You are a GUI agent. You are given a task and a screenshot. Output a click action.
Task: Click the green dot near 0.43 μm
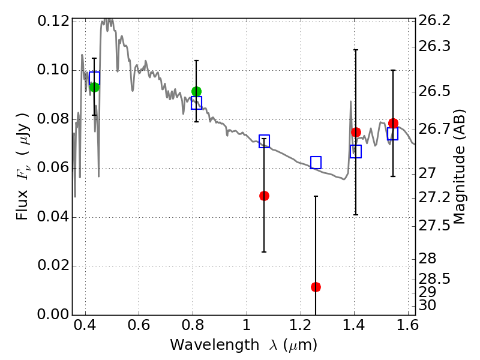tap(94, 87)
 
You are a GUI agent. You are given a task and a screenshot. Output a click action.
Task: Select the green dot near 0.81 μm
tap(197, 91)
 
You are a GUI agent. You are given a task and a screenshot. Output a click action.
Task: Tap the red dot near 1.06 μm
tap(264, 196)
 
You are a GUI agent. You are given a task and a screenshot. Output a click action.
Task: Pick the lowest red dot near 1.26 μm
tap(316, 287)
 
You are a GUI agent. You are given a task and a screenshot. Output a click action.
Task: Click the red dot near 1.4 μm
tap(356, 132)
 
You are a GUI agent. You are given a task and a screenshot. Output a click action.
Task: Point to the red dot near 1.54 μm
tap(394, 124)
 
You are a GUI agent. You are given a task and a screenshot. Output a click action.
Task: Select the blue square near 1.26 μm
tap(316, 163)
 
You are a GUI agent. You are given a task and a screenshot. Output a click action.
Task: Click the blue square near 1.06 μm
tap(264, 141)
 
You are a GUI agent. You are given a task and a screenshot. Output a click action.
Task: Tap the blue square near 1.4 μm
tap(356, 152)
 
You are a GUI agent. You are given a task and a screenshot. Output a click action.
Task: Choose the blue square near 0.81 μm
tap(197, 103)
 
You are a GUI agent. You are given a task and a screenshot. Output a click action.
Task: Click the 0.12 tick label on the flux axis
tap(53, 21)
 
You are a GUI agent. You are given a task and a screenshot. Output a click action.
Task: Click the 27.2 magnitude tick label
tap(434, 198)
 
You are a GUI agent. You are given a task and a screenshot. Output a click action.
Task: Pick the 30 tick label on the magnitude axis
tap(427, 305)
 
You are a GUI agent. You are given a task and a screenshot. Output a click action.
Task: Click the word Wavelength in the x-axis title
tap(215, 345)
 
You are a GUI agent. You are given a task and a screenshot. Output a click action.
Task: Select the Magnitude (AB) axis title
tap(458, 167)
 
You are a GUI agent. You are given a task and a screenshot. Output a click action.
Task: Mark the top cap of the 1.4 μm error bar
tap(356, 50)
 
